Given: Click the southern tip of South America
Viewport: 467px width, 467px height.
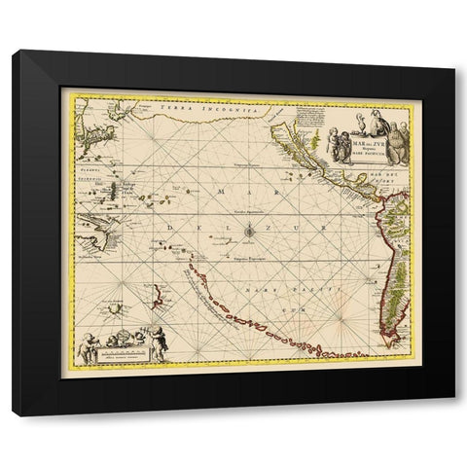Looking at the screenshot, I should coord(395,341).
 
